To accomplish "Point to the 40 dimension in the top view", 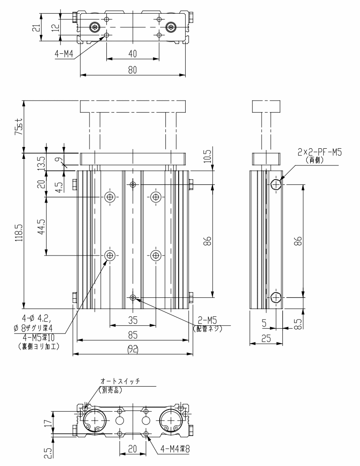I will tap(133, 53).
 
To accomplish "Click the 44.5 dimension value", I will tap(41, 225).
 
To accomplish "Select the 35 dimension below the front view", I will tap(132, 320).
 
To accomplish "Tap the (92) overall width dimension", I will tap(133, 349).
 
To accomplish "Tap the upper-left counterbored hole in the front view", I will tap(109, 197).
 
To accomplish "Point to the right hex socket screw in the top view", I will tap(171, 27).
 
